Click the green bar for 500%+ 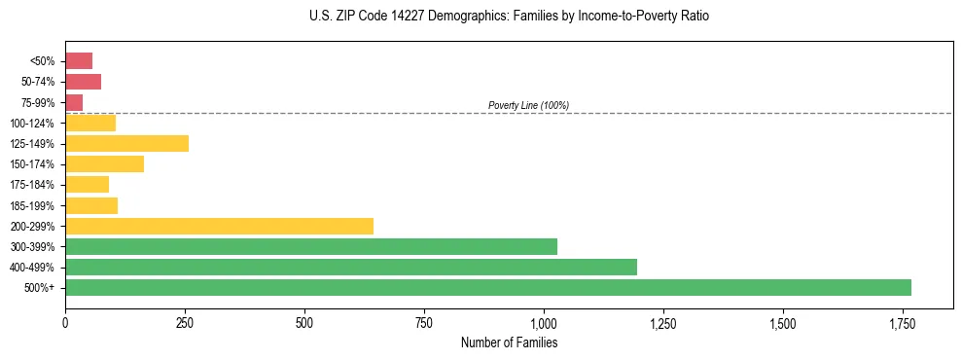pos(487,288)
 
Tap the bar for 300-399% pos(310,247)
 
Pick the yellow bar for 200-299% pos(219,227)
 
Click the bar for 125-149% pos(126,144)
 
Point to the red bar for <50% pos(79,61)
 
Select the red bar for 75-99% pos(74,102)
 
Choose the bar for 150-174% pos(104,164)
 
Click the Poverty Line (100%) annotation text pos(528,105)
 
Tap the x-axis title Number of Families pos(509,342)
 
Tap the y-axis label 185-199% pos(32,206)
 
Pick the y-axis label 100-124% pos(32,124)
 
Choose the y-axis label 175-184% pos(32,185)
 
